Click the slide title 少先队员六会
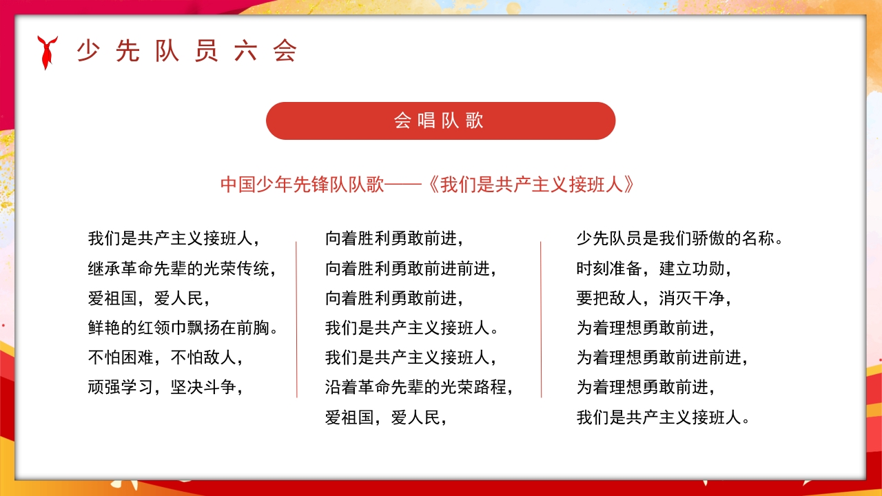pyautogui.click(x=187, y=51)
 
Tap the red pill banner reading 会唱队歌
pyautogui.click(x=440, y=121)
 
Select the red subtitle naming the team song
pyautogui.click(x=427, y=185)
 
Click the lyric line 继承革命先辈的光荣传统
pyautogui.click(x=182, y=269)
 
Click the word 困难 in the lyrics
pyautogui.click(x=137, y=358)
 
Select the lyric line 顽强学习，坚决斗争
pyautogui.click(x=166, y=387)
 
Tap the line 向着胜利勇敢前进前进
pyautogui.click(x=411, y=269)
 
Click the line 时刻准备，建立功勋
pyautogui.click(x=653, y=269)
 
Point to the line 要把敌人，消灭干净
pyautogui.click(x=653, y=298)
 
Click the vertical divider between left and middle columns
pyautogui.click(x=297, y=319)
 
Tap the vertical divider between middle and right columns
pyautogui.click(x=541, y=319)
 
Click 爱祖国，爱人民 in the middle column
pyautogui.click(x=386, y=417)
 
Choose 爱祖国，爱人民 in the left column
pyautogui.click(x=149, y=298)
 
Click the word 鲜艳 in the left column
pyautogui.click(x=105, y=328)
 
